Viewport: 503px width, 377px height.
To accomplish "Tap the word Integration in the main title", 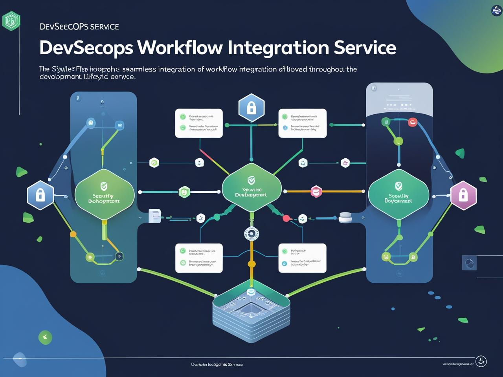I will pos(278,48).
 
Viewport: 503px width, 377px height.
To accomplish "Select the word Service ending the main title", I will pos(365,48).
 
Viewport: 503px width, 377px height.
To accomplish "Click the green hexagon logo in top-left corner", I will pos(11,20).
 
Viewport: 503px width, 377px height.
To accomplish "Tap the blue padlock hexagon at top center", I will pos(251,108).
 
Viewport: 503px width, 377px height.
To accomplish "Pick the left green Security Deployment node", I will pos(104,194).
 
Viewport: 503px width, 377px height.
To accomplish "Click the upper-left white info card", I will pos(199,123).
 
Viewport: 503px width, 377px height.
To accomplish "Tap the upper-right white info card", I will pos(302,123).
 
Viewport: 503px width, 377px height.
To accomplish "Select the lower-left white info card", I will pos(199,258).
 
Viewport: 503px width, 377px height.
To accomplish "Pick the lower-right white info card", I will pos(302,258).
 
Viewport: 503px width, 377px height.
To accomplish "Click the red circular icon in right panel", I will pos(412,122).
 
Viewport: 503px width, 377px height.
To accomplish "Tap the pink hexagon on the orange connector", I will pos(316,192).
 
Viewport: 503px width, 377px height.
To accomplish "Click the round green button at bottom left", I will pos(45,337).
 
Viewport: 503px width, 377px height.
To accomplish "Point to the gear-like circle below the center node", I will pos(251,234).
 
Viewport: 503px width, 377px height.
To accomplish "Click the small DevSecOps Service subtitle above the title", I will pos(79,27).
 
